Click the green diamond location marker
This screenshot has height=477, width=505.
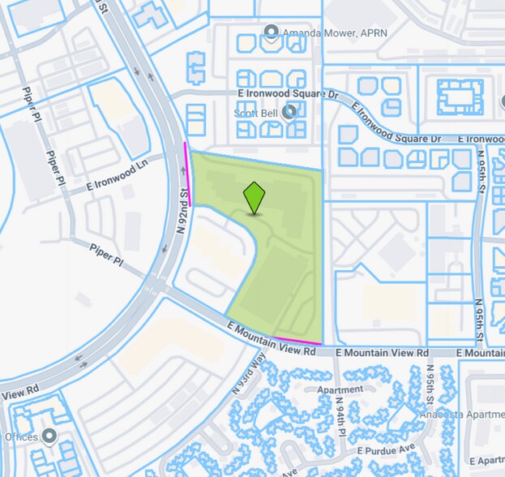click(x=255, y=197)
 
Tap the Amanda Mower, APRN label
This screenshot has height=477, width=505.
click(x=321, y=33)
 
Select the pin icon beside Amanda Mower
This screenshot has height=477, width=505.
click(x=271, y=32)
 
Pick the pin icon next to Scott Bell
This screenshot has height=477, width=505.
click(x=289, y=114)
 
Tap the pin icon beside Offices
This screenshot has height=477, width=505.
click(x=49, y=436)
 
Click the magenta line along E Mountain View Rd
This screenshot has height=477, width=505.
click(x=297, y=340)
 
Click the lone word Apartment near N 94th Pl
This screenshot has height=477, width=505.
click(x=340, y=389)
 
